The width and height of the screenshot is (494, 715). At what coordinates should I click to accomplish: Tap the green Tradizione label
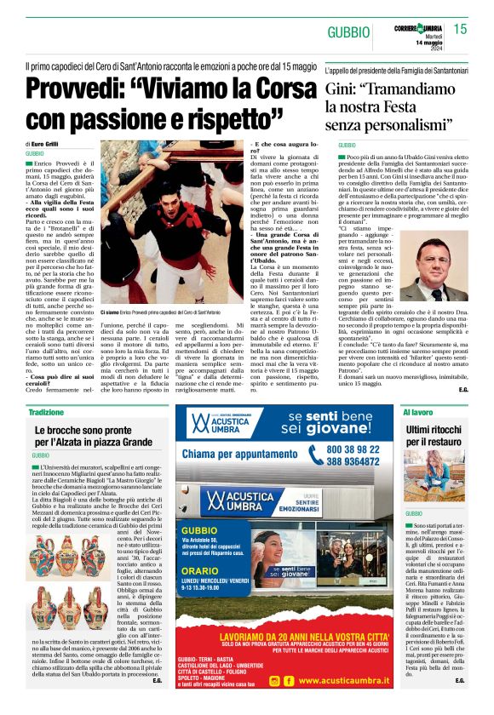(46, 412)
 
